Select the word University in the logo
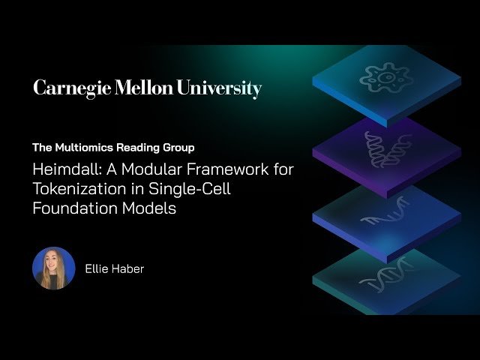click(x=219, y=88)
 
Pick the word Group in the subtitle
click(x=179, y=148)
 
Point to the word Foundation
click(x=70, y=208)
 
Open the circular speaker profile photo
click(x=54, y=268)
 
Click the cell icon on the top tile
click(x=386, y=76)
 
